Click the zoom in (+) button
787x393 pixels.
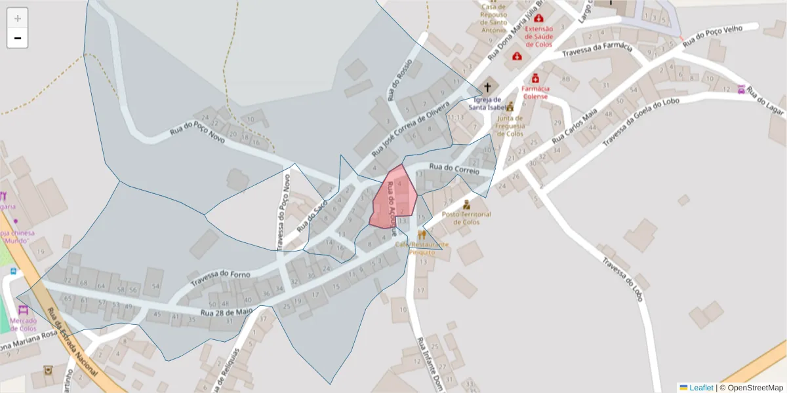17,18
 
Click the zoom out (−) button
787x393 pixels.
17,38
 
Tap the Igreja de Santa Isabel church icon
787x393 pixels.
487,86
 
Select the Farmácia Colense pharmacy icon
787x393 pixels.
535,78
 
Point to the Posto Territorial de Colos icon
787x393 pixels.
466,204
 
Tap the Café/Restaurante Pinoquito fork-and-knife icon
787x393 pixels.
422,234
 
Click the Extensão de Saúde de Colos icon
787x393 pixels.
538,19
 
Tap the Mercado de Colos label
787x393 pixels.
23,325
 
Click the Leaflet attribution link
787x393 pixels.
700,388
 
